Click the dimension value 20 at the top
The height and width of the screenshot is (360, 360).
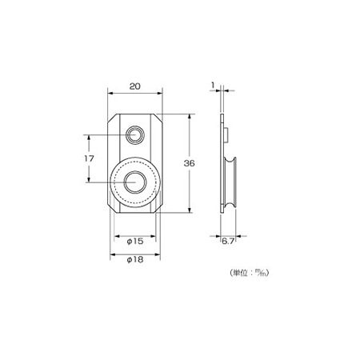pyautogui.click(x=135, y=86)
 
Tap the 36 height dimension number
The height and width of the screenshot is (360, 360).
pyautogui.click(x=189, y=163)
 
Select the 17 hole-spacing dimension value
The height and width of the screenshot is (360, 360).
pyautogui.click(x=89, y=158)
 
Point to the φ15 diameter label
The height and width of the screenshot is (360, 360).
pyautogui.click(x=135, y=242)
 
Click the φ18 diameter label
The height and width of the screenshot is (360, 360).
pyautogui.click(x=135, y=259)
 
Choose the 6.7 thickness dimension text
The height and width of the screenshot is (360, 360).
pyautogui.click(x=228, y=242)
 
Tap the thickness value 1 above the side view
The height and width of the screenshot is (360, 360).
pyautogui.click(x=213, y=86)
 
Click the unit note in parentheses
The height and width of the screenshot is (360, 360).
pyautogui.click(x=249, y=273)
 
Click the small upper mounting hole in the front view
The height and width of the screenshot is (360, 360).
pyautogui.click(x=135, y=135)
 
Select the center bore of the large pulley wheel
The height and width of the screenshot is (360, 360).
pyautogui.click(x=135, y=182)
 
